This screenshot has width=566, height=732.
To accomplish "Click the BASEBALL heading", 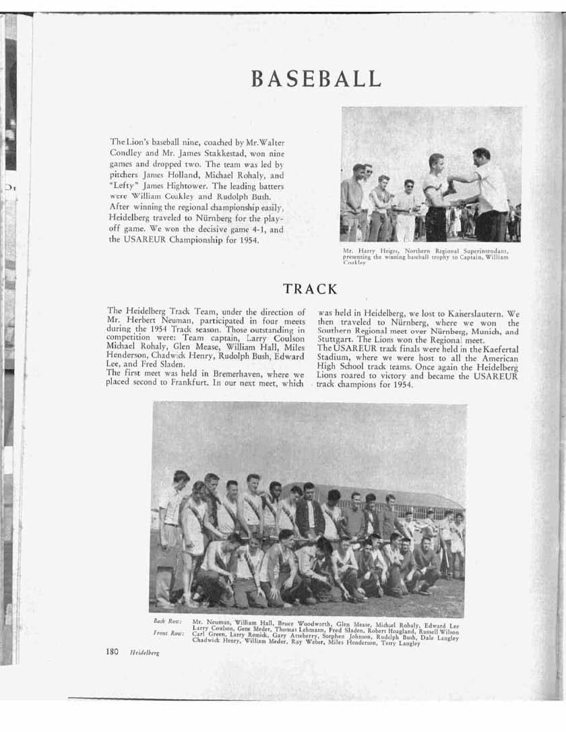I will coord(316,79).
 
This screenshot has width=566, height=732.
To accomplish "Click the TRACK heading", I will coord(310,289).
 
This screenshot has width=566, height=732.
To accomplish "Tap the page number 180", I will coord(113,651).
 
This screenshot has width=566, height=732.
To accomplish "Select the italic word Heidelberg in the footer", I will coord(144,653).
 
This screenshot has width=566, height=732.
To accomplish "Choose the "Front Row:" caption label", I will coord(164,634).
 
